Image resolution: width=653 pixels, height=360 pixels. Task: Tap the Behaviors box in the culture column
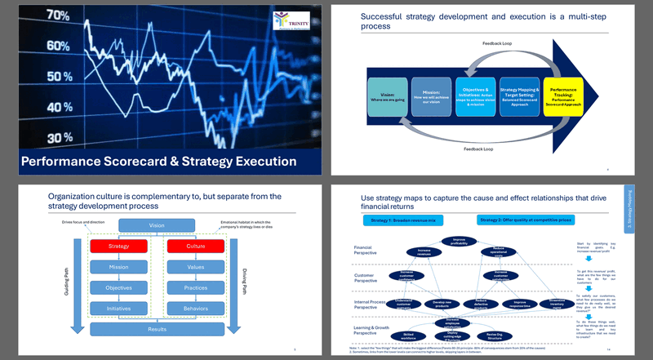194,308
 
